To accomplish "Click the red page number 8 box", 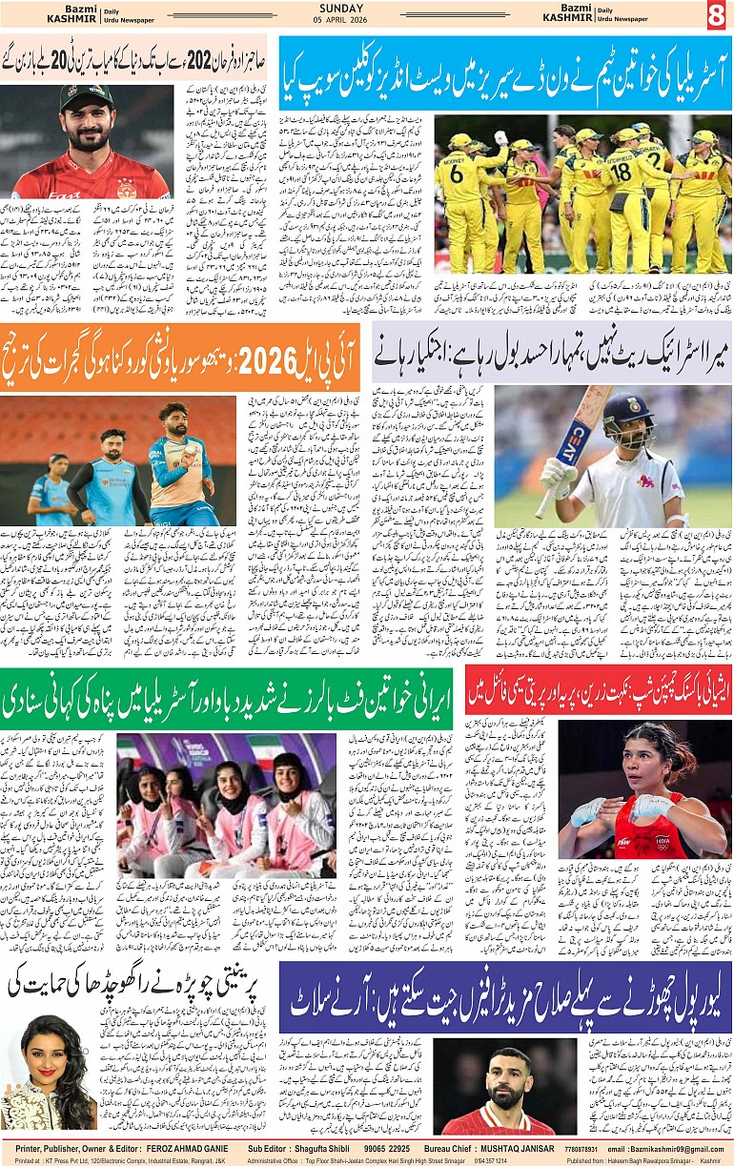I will click(x=716, y=15).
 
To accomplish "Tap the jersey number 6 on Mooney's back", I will click(x=457, y=173).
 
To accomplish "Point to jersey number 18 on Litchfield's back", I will click(x=621, y=173).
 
